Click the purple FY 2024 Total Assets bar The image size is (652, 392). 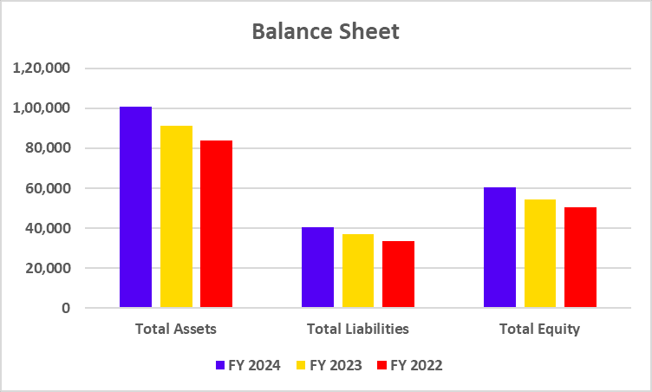135,207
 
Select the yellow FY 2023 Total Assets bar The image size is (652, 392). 176,217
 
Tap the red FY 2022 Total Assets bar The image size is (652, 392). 216,224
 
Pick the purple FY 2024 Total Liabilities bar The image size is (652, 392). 317,267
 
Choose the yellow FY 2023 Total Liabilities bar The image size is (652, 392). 358,271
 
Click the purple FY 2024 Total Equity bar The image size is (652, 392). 499,247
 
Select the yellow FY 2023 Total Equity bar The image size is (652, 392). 540,253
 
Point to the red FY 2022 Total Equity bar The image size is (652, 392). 580,258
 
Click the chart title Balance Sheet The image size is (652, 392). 326,32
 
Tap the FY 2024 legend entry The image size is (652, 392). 248,365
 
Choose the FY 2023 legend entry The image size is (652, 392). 329,365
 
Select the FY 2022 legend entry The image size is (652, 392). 410,365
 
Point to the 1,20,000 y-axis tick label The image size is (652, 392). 42,69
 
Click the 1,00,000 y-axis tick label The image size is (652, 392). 42,108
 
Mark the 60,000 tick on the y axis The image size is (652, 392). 49,188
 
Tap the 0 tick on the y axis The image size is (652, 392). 66,308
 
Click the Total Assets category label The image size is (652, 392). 176,330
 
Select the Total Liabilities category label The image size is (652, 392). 358,330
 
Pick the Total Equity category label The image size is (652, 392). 539,330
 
